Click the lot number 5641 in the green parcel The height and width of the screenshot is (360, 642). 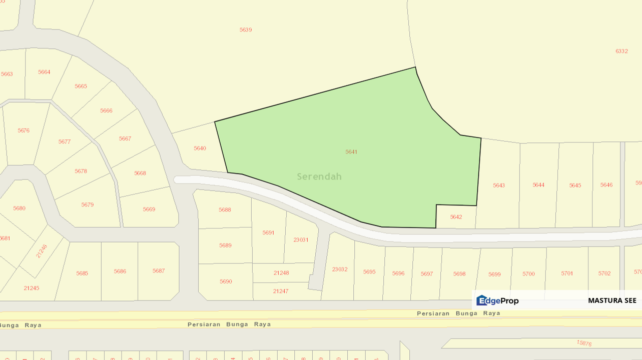[x=351, y=151]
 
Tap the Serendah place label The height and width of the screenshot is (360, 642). [x=319, y=176]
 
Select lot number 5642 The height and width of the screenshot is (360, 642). [x=456, y=217]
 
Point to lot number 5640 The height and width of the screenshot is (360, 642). [x=200, y=148]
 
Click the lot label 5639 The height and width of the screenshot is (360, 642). [x=246, y=30]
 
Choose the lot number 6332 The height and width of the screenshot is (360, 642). [x=621, y=51]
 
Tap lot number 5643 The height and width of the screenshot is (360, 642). [x=499, y=185]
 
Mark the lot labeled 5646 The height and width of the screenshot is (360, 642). [x=606, y=185]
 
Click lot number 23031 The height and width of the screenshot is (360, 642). [x=301, y=240]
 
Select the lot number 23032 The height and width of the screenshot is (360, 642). [x=340, y=269]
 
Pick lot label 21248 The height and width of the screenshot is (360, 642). [x=281, y=273]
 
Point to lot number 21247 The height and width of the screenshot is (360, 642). [x=281, y=291]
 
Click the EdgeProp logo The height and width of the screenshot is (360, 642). [x=497, y=300]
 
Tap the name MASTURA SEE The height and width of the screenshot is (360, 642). [x=612, y=300]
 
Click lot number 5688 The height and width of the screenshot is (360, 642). [x=225, y=210]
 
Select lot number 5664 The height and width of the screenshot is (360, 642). [x=44, y=72]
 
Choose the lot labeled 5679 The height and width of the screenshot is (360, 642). [x=88, y=205]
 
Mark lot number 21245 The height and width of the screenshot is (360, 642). [x=31, y=288]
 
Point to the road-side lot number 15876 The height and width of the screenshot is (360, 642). [x=584, y=343]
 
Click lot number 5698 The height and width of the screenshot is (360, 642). [x=459, y=274]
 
